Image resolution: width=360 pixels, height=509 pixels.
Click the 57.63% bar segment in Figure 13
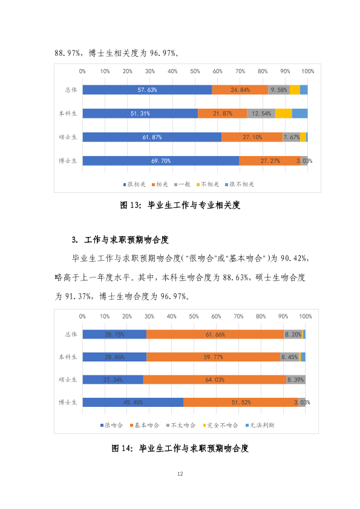tap(147, 90)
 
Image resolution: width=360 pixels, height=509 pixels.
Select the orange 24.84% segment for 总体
tap(240, 90)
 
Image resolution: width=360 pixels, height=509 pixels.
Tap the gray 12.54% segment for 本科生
tap(261, 114)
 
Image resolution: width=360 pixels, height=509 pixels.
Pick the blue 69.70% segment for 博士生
tap(161, 161)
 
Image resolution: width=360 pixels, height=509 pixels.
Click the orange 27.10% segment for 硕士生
tap(252, 137)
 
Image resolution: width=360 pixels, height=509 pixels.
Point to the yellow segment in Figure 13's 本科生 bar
tap(284, 114)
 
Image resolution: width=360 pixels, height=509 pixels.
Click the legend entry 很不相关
tap(240, 184)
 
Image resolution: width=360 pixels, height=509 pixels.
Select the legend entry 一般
tap(182, 184)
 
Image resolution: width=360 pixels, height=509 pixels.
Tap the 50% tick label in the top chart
tap(195, 71)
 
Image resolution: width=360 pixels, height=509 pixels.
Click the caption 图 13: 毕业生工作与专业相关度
tap(180, 205)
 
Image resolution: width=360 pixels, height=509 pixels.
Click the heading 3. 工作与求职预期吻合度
tap(120, 240)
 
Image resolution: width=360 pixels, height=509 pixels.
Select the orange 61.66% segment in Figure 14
tap(215, 334)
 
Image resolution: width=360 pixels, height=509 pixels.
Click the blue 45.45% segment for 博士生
tap(133, 402)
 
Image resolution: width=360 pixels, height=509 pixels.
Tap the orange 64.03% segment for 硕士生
tap(215, 380)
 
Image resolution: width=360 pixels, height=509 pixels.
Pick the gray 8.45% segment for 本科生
tap(289, 357)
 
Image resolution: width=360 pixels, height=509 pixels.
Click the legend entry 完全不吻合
tap(220, 425)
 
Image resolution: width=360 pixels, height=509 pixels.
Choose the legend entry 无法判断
tap(260, 425)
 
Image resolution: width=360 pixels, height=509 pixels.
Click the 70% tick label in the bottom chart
tap(238, 316)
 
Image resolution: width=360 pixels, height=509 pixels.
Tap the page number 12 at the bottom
tap(180, 474)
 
